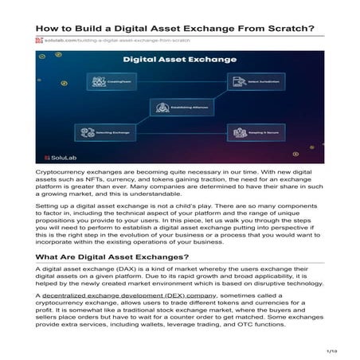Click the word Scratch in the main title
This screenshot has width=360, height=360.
tap(289, 29)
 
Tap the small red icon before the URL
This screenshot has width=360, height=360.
tap(38, 41)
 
